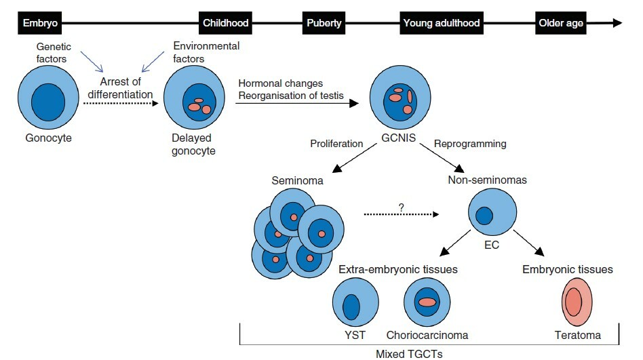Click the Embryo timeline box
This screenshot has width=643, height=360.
39,23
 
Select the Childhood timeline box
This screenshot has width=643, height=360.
226,23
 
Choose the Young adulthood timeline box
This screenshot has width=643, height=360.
442,23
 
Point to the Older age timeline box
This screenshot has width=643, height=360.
562,23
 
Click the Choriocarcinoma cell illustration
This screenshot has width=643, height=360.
427,302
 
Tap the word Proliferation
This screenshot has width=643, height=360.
338,144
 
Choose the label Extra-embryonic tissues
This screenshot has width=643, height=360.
398,269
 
